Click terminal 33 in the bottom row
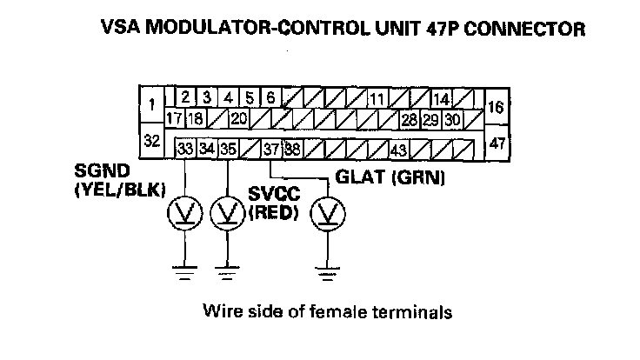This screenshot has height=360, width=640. point(185,149)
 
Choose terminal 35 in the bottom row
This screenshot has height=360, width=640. point(227,149)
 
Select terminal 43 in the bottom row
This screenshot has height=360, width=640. point(399,150)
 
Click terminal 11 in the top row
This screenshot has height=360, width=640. point(377,98)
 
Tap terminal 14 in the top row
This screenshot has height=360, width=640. point(441,98)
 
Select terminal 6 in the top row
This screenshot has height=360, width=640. point(270,97)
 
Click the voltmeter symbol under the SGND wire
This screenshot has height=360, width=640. point(186,210)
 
